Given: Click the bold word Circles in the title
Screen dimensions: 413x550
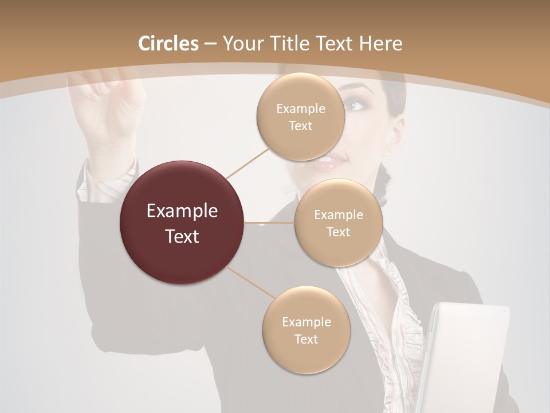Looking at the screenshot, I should [168, 44].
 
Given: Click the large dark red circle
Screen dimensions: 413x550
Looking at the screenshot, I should [182, 223].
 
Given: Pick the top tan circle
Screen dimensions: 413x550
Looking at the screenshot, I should [300, 117].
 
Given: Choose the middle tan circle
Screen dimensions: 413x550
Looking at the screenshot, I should [338, 223].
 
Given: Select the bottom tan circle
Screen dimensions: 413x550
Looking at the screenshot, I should [306, 330].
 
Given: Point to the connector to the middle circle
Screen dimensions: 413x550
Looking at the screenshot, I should [269, 223].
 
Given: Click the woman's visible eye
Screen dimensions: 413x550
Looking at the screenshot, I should [355, 106].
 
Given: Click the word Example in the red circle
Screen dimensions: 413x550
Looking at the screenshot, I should [182, 211].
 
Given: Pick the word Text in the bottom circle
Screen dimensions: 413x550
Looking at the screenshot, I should [306, 339].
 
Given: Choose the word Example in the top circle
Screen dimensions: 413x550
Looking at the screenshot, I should [300, 109].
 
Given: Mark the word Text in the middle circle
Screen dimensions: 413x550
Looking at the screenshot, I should [338, 232].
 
